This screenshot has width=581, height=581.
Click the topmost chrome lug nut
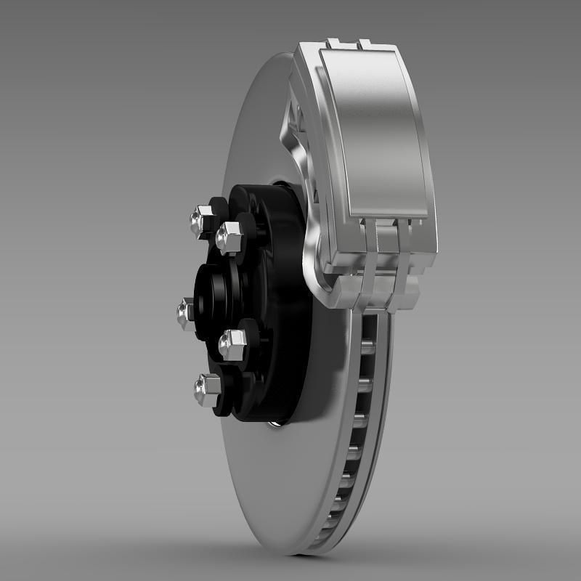click(x=200, y=219)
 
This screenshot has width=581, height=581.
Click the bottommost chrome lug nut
click(x=206, y=391)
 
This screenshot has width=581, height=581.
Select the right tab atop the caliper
click(x=371, y=45)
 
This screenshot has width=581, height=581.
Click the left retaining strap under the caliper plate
click(x=371, y=269)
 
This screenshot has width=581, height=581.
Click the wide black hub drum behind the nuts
click(x=283, y=305)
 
